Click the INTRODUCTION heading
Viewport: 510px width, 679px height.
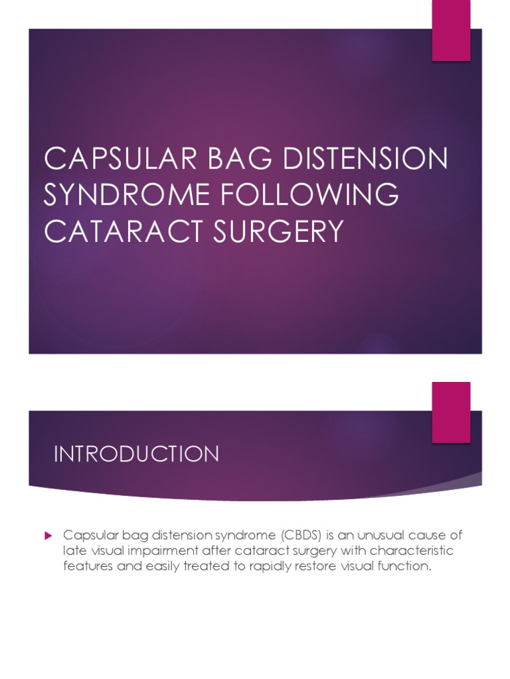[x=136, y=454]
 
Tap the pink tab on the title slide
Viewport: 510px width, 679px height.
[x=452, y=30]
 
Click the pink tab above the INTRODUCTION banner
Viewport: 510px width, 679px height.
[x=452, y=412]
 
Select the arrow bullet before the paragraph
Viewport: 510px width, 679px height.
[x=47, y=534]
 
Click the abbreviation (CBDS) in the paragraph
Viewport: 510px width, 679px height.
[x=302, y=534]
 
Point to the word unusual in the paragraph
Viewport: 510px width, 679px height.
[x=381, y=534]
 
